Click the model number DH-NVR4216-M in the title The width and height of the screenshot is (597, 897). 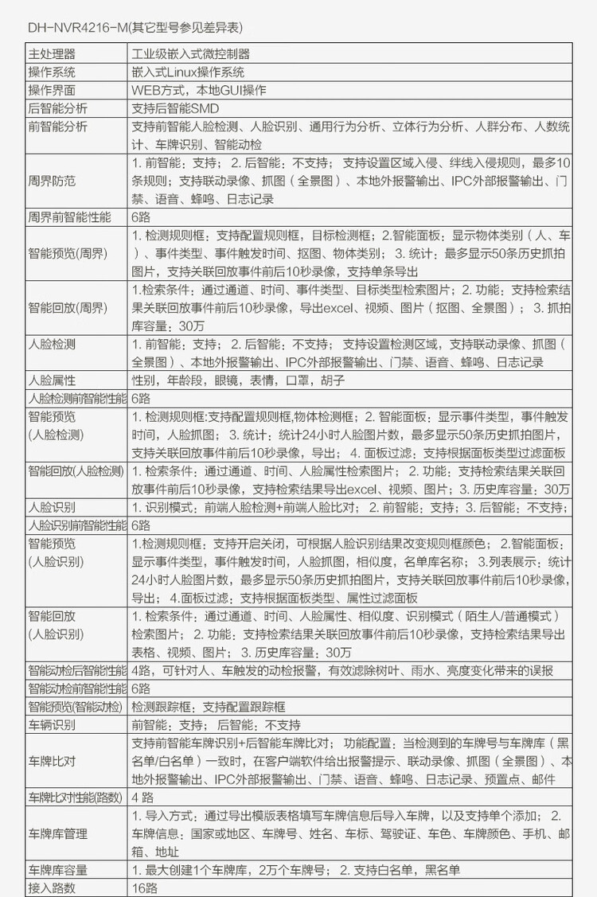click(76, 28)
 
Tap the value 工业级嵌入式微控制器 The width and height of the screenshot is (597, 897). click(190, 54)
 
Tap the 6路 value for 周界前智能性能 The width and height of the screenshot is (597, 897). click(141, 216)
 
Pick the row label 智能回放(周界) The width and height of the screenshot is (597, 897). click(68, 307)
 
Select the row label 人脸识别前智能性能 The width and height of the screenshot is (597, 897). click(77, 525)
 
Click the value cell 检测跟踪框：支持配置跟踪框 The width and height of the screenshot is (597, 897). click(209, 706)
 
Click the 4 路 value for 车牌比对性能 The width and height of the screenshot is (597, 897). click(142, 798)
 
